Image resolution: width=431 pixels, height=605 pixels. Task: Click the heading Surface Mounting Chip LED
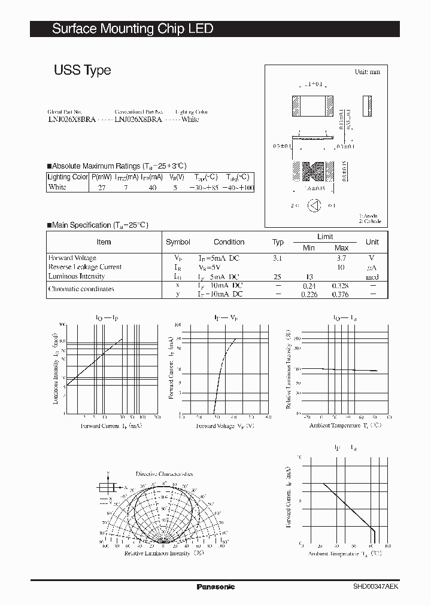(x=132, y=29)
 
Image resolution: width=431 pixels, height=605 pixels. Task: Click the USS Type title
(x=82, y=70)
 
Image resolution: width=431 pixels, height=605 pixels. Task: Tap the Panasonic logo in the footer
(x=215, y=586)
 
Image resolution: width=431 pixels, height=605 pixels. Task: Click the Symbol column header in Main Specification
(x=178, y=242)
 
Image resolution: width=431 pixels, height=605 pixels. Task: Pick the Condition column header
(x=229, y=242)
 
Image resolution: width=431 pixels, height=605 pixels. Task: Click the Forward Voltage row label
(x=72, y=258)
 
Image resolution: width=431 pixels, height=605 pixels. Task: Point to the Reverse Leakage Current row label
(x=84, y=267)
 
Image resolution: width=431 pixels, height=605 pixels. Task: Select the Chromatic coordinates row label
(x=81, y=289)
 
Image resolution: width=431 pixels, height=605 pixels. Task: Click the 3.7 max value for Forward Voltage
(x=341, y=258)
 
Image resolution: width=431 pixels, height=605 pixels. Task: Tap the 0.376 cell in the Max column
(x=340, y=294)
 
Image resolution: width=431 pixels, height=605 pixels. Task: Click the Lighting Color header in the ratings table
(x=68, y=177)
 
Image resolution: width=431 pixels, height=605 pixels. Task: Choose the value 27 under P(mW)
(x=101, y=188)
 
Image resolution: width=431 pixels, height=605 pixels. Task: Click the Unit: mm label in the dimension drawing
(x=367, y=72)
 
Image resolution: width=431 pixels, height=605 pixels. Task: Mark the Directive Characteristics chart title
(x=164, y=474)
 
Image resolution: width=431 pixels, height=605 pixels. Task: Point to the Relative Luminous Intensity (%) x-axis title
(x=164, y=554)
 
